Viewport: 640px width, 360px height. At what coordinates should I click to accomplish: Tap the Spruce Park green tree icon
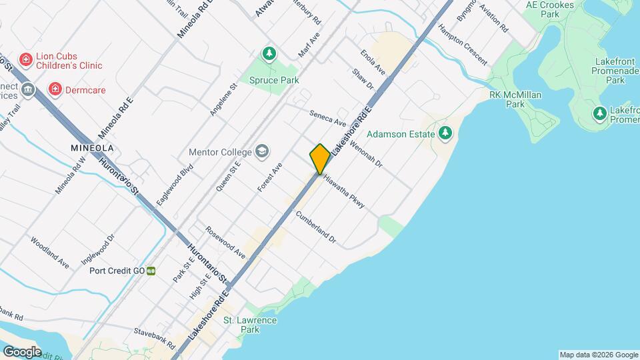[269, 53]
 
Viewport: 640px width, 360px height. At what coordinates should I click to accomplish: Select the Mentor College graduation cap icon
[262, 151]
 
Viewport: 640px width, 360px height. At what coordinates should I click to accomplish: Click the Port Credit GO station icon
[151, 271]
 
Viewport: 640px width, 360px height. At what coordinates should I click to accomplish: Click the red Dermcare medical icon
[55, 89]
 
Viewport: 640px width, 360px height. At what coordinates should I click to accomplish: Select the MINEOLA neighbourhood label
[93, 147]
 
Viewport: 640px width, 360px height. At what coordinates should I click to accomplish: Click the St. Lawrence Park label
[250, 325]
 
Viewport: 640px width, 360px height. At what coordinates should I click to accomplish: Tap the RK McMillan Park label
[515, 99]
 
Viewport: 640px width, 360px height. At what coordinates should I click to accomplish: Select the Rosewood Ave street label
[225, 244]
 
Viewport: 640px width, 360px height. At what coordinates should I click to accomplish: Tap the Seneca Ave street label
[328, 118]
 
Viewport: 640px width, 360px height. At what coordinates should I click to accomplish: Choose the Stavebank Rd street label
[154, 337]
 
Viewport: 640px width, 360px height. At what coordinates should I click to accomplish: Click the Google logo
[22, 352]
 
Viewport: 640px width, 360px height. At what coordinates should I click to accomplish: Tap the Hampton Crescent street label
[463, 45]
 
